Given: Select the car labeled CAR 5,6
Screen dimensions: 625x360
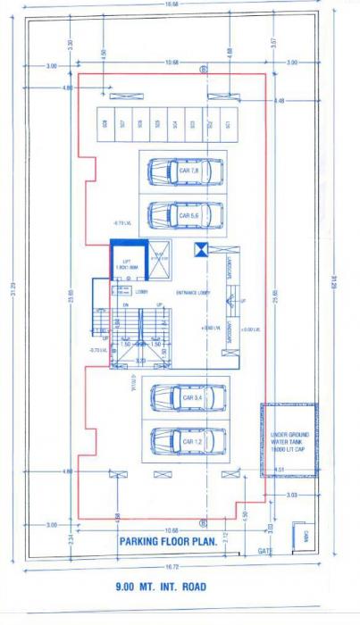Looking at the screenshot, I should click(x=182, y=215).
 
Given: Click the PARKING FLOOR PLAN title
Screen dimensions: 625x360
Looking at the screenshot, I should click(x=167, y=541).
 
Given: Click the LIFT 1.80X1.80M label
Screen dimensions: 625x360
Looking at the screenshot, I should click(x=127, y=265).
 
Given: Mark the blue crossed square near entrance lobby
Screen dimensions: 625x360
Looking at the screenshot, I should click(x=202, y=250).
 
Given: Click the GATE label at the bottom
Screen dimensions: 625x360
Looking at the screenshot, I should click(x=265, y=552).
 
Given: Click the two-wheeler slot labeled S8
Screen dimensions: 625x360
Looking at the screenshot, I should click(x=105, y=124).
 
